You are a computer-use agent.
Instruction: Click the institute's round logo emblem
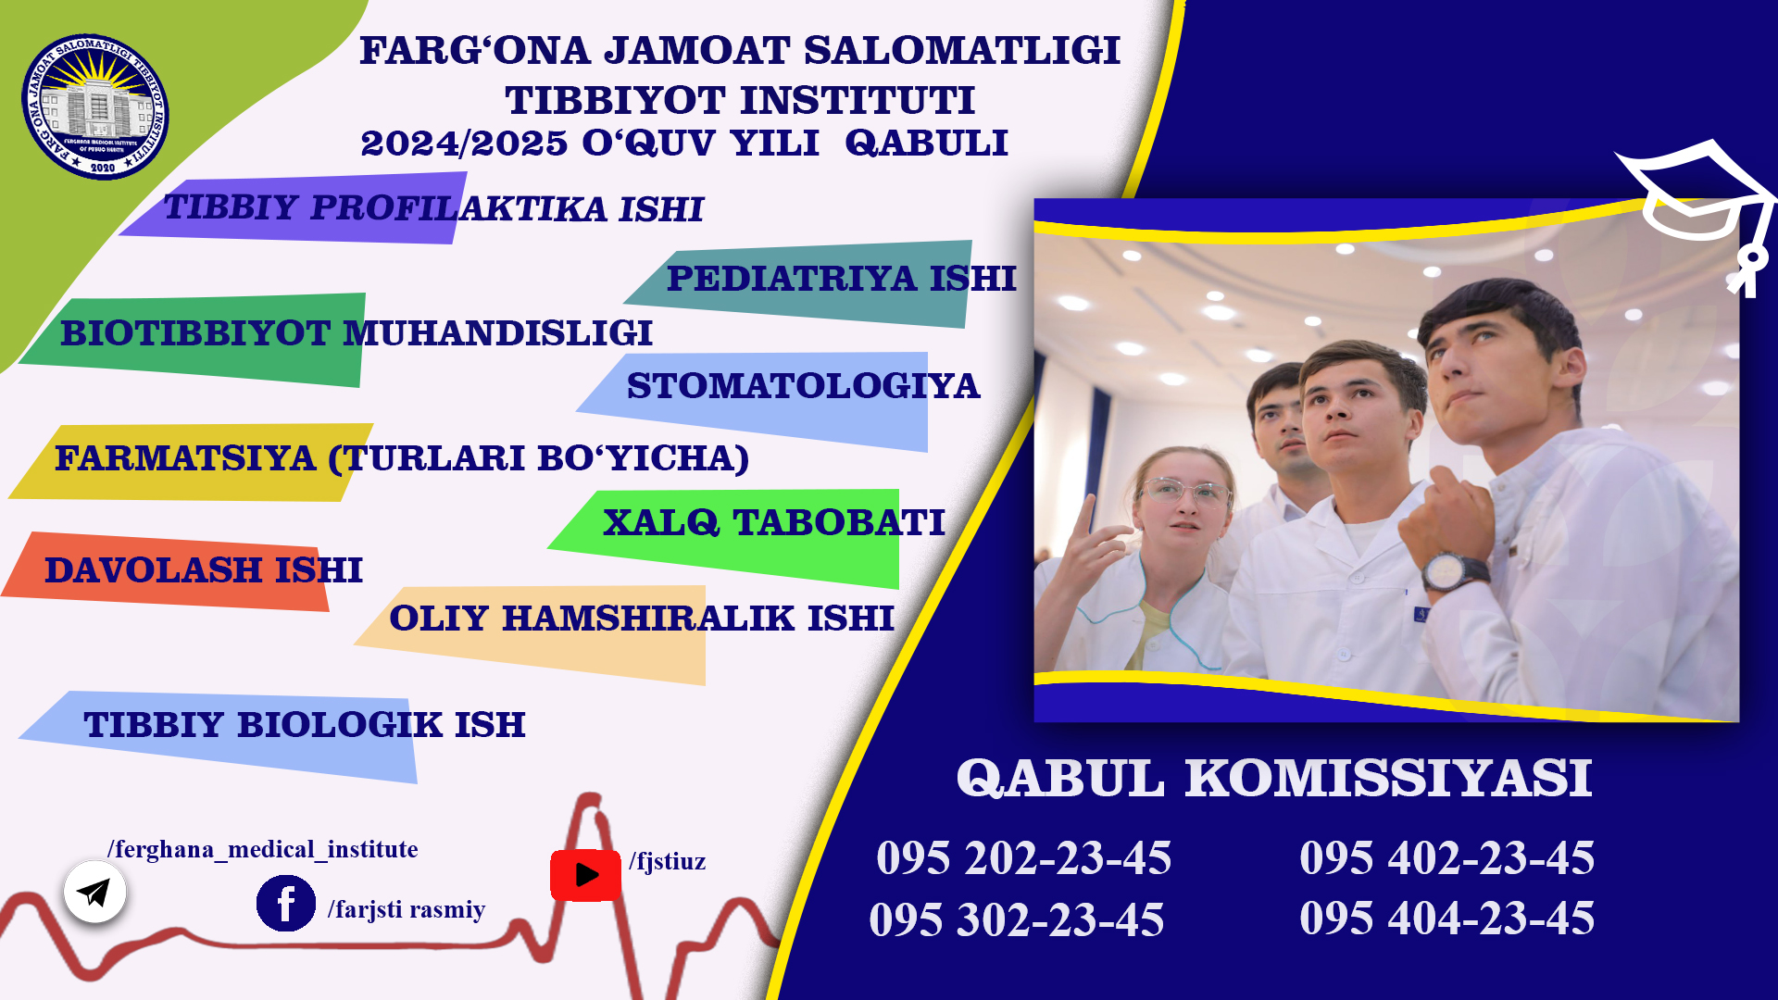click(95, 106)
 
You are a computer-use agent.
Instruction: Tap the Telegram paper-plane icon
click(94, 892)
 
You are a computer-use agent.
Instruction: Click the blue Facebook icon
click(285, 903)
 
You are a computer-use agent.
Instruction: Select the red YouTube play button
click(585, 875)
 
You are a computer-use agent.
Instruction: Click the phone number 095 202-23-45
click(1023, 858)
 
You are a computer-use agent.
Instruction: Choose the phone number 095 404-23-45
click(1446, 919)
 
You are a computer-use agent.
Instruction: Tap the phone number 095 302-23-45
click(1016, 920)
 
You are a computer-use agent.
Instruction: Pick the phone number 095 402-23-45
click(1446, 857)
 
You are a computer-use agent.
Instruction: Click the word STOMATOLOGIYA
click(803, 385)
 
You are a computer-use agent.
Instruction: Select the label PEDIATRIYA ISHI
click(841, 278)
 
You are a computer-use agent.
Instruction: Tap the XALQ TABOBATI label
click(773, 522)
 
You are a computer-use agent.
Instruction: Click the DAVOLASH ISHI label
click(204, 570)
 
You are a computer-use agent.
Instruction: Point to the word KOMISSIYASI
click(1388, 778)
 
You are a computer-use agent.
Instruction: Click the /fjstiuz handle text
click(667, 862)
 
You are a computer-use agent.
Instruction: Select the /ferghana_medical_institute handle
click(262, 850)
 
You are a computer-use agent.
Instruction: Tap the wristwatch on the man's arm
click(1453, 569)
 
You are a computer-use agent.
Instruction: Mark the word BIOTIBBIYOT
click(195, 333)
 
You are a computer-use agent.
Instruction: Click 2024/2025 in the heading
click(463, 144)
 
